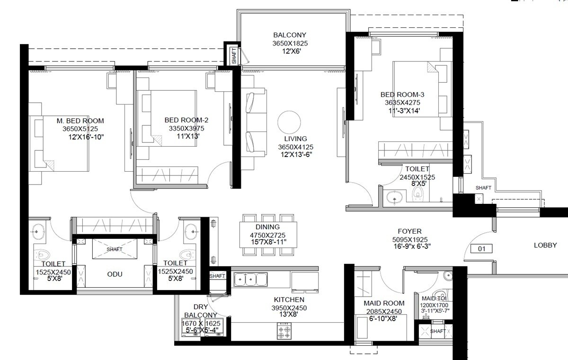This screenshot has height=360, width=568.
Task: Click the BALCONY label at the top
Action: pyautogui.click(x=289, y=35)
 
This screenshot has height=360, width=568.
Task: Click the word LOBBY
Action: pyautogui.click(x=545, y=245)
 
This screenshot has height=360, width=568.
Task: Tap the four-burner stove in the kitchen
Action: pyautogui.click(x=285, y=330)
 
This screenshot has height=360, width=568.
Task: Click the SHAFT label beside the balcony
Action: pyautogui.click(x=234, y=56)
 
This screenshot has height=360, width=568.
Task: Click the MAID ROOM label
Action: pyautogui.click(x=384, y=303)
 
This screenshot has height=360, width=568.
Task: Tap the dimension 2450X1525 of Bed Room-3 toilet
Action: pyautogui.click(x=417, y=177)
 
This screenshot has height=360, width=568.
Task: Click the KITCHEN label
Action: pyautogui.click(x=289, y=299)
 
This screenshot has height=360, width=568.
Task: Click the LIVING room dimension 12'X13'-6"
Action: pyautogui.click(x=296, y=154)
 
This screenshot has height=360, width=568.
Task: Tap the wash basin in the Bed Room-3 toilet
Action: pyautogui.click(x=392, y=197)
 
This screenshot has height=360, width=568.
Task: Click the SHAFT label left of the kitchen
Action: pyautogui.click(x=217, y=276)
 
